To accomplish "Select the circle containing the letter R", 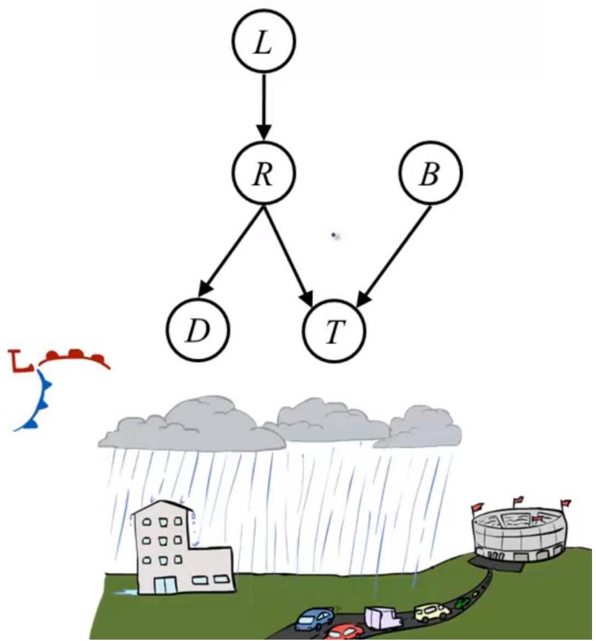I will pos(263,174).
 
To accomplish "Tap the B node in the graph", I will pos(430,174).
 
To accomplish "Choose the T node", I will pos(334,330).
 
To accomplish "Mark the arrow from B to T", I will pos(395,255).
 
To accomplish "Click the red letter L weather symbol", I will pos(23,361).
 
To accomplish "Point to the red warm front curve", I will pos(74,358).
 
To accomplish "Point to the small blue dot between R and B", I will pos(334,235).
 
